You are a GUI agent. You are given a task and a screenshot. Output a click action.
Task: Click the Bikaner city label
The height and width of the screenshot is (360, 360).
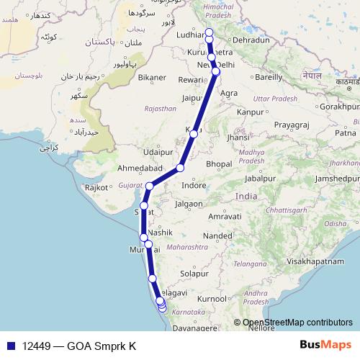(x=152, y=76)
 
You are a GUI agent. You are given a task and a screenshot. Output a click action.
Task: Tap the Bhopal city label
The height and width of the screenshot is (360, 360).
(x=219, y=164)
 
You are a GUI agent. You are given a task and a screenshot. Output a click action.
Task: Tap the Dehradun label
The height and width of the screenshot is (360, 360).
(x=251, y=41)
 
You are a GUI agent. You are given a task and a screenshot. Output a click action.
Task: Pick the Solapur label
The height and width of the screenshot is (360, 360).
(x=194, y=274)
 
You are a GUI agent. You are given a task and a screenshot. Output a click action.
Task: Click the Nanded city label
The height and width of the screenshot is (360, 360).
(x=217, y=235)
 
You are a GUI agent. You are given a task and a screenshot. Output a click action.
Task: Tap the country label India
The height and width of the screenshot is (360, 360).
(x=246, y=197)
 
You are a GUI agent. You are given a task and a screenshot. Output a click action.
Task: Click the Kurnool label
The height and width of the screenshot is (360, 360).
(x=212, y=298)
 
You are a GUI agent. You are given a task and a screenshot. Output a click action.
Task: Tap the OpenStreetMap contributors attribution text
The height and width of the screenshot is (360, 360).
(x=295, y=323)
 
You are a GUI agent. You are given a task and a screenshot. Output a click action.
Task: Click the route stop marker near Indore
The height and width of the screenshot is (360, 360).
(x=180, y=168)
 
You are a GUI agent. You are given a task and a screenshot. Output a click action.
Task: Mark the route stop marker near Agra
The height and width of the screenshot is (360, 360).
(x=216, y=71)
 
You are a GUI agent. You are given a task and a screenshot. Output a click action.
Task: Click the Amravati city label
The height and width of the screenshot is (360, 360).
(x=223, y=216)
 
